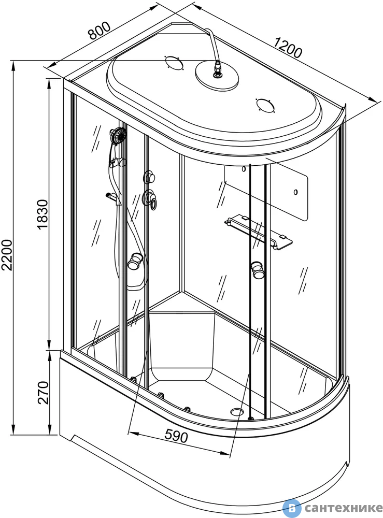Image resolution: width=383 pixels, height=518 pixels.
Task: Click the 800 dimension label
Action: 99,31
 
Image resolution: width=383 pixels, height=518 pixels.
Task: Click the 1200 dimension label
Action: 288,48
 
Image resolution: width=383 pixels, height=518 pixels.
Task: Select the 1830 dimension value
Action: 43,214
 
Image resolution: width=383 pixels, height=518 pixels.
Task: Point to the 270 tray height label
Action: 43,393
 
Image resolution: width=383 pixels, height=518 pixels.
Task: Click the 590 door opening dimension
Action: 176,436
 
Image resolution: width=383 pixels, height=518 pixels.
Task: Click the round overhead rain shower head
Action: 217,76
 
